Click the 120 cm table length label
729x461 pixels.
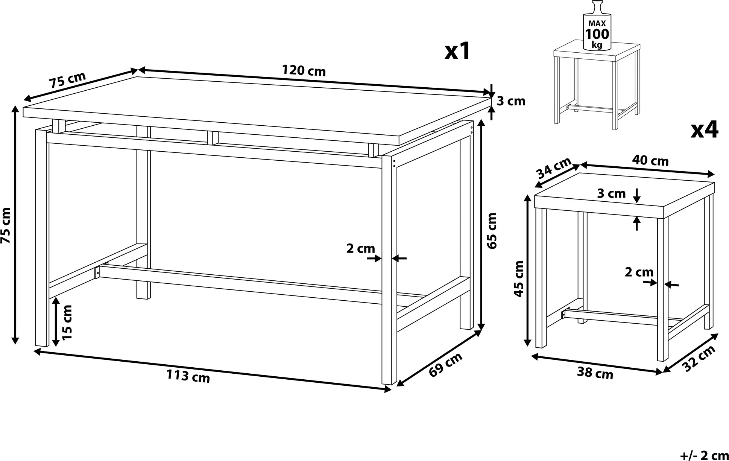[304, 71]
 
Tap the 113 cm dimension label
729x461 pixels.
[188, 376]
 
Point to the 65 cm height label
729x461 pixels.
[492, 230]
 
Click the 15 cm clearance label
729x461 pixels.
[67, 322]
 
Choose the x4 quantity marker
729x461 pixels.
[705, 129]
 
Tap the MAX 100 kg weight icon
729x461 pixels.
[597, 26]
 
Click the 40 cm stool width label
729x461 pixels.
[650, 161]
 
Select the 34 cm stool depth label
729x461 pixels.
[554, 169]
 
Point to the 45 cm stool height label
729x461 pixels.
[519, 278]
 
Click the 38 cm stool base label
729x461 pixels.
[595, 373]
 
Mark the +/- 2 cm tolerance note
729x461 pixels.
[704, 455]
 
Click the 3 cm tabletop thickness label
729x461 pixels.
[511, 101]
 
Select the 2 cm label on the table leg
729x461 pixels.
[360, 248]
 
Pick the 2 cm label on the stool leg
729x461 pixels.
[639, 272]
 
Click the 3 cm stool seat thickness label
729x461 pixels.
[611, 193]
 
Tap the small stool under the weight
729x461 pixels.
[597, 84]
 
